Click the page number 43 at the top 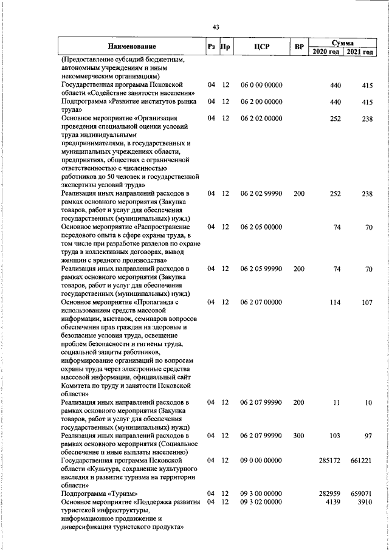click(x=216, y=27)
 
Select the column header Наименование click(x=132, y=46)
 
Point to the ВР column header click(x=298, y=46)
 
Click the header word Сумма click(x=343, y=42)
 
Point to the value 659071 click(x=361, y=494)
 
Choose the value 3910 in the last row click(x=365, y=503)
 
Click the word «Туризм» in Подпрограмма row click(x=123, y=494)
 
